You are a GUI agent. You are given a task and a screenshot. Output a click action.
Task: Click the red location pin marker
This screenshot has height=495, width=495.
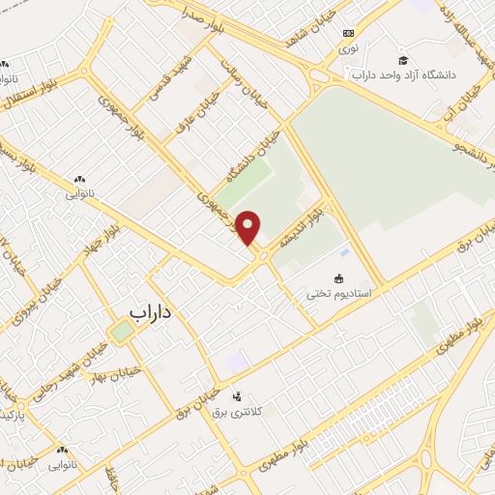[x=249, y=228]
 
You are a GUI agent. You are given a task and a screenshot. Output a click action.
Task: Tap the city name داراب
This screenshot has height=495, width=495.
[x=155, y=313]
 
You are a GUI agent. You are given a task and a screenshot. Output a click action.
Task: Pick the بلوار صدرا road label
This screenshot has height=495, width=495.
[x=201, y=15]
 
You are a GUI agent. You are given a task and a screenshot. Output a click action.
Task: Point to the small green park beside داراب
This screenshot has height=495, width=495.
[x=121, y=332]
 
